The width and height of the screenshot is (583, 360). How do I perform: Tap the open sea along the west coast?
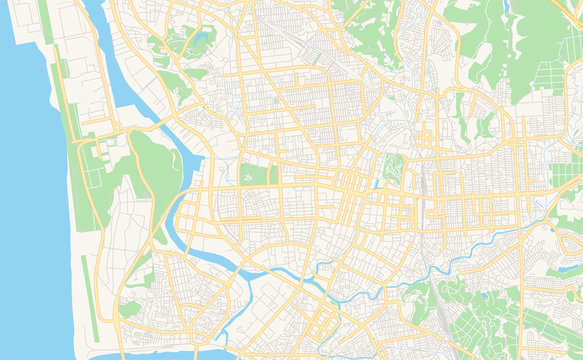[x=25, y=200]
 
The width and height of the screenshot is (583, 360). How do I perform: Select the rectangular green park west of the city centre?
[x=257, y=174]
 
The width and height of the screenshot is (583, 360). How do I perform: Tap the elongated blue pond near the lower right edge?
[x=568, y=267]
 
